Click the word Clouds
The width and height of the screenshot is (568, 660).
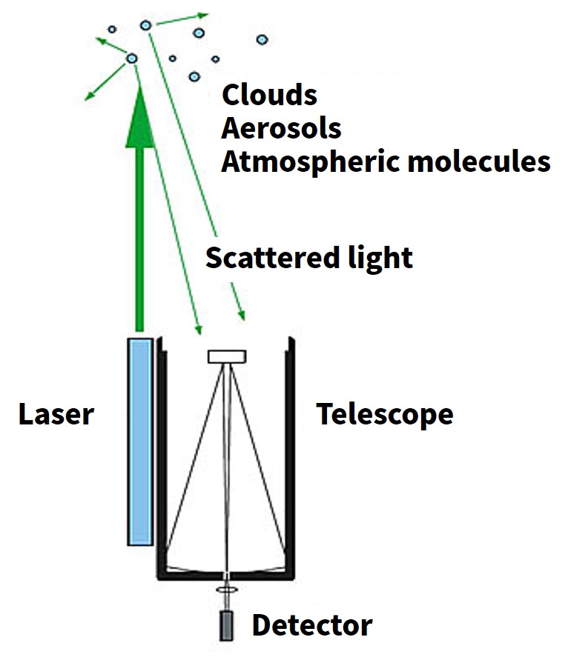click(269, 95)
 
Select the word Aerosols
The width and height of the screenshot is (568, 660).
click(281, 128)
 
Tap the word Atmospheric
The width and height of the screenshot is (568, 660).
click(310, 163)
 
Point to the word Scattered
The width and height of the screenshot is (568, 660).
click(273, 257)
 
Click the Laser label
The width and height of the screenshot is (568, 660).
click(56, 414)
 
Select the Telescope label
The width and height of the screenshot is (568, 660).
click(385, 416)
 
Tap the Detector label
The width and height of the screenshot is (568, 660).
click(312, 625)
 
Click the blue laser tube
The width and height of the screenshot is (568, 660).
click(140, 441)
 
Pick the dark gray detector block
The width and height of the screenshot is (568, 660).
click(226, 626)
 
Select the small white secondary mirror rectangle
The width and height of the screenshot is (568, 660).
click(227, 356)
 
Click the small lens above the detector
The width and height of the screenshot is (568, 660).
click(227, 590)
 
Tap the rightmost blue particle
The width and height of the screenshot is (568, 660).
click(262, 39)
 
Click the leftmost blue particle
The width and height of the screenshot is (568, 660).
click(112, 30)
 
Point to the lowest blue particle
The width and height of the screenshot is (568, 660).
click(194, 76)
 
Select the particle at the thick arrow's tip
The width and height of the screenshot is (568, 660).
click(132, 58)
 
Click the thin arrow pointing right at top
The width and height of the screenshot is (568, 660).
click(182, 20)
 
